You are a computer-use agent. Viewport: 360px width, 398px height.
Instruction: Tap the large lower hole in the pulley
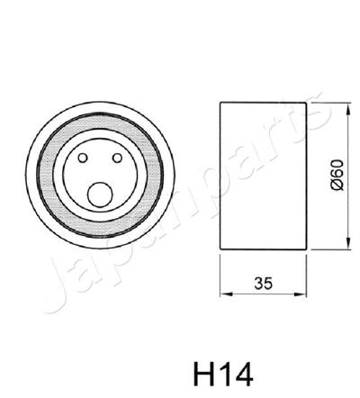[x=101, y=192]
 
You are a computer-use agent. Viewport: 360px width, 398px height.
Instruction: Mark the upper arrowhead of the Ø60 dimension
[x=348, y=105]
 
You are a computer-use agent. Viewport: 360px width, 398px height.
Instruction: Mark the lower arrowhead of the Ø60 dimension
[x=348, y=244]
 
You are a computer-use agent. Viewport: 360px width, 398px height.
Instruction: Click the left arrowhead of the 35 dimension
[x=224, y=294]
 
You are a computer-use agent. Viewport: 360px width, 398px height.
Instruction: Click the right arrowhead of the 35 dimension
[x=303, y=294]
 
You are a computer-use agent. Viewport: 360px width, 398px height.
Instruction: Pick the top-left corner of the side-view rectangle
[x=220, y=101]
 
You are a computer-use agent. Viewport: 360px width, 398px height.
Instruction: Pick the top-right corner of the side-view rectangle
[x=307, y=101]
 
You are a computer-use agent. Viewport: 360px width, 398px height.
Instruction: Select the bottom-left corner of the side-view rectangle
[x=220, y=249]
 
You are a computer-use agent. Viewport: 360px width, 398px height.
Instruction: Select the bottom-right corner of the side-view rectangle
[x=307, y=249]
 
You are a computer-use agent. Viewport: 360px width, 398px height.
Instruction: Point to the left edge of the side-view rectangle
[x=220, y=175]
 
